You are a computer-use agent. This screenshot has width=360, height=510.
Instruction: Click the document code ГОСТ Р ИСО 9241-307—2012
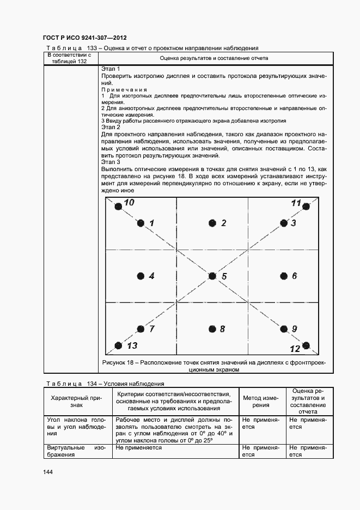coord(84,38)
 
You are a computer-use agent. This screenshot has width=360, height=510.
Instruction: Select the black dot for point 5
coord(212,276)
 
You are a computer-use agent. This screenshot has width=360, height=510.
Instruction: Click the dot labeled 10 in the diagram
coord(118,206)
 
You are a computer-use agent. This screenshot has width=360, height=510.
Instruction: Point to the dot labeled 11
coord(306,207)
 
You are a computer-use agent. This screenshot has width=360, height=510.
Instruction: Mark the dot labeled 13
coord(118,345)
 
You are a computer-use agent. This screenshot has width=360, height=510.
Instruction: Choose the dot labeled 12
coord(306,344)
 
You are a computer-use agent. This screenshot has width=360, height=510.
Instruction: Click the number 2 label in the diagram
coord(223,223)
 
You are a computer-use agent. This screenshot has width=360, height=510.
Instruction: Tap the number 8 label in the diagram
coord(222,329)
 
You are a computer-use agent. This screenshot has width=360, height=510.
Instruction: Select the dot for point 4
coord(141,276)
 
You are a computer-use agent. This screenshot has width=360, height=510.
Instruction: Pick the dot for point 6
coord(283,276)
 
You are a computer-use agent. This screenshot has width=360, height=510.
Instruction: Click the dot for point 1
coord(141,223)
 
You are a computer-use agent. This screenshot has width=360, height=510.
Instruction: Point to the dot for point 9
coord(283,329)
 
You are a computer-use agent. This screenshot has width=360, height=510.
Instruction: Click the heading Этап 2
coord(111,127)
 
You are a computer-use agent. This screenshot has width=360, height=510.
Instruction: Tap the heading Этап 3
coord(111,162)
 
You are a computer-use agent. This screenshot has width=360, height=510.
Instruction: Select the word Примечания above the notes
coord(125,89)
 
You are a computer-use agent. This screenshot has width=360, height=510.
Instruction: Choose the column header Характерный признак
coord(76,401)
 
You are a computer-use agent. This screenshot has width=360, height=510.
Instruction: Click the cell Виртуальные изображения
coord(76,451)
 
